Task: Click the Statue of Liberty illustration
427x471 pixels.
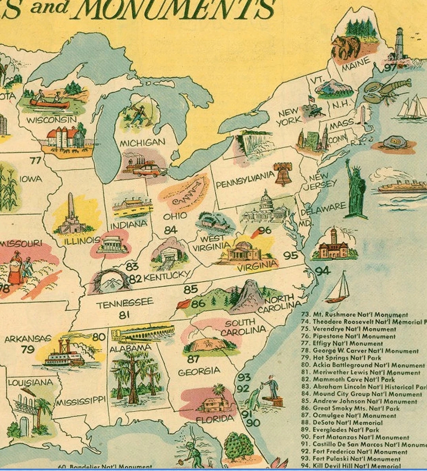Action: click(355, 190)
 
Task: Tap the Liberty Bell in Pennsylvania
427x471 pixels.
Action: click(283, 174)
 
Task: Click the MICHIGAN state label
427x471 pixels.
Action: click(142, 142)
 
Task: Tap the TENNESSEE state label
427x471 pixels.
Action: click(125, 304)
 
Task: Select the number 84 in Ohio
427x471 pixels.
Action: click(170, 230)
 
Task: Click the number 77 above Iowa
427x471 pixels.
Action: click(35, 161)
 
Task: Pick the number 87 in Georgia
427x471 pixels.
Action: click(193, 359)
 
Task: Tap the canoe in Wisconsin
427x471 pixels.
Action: click(49, 103)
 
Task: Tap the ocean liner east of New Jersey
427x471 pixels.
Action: click(401, 187)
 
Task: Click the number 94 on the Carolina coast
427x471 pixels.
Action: click(323, 271)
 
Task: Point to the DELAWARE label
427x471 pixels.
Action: click(323, 209)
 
